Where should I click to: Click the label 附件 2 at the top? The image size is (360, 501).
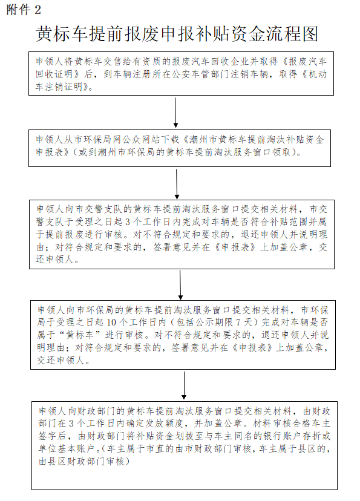(x=24, y=10)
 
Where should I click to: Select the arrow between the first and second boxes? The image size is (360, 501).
(x=175, y=113)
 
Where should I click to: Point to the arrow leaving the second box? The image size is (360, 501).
(x=177, y=184)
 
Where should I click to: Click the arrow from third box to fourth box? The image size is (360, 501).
(x=180, y=285)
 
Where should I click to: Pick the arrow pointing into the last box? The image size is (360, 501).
(x=184, y=385)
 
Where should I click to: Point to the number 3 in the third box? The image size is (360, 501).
(x=128, y=222)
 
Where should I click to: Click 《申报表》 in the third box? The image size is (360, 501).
(x=236, y=247)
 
